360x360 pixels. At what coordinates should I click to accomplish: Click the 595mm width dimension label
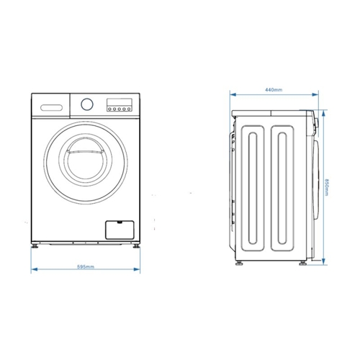(85, 266)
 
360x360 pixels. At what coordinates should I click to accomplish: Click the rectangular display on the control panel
(119, 101)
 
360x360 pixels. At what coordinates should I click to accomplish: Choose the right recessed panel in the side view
(286, 184)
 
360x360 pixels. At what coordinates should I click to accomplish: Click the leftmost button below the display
(109, 109)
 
